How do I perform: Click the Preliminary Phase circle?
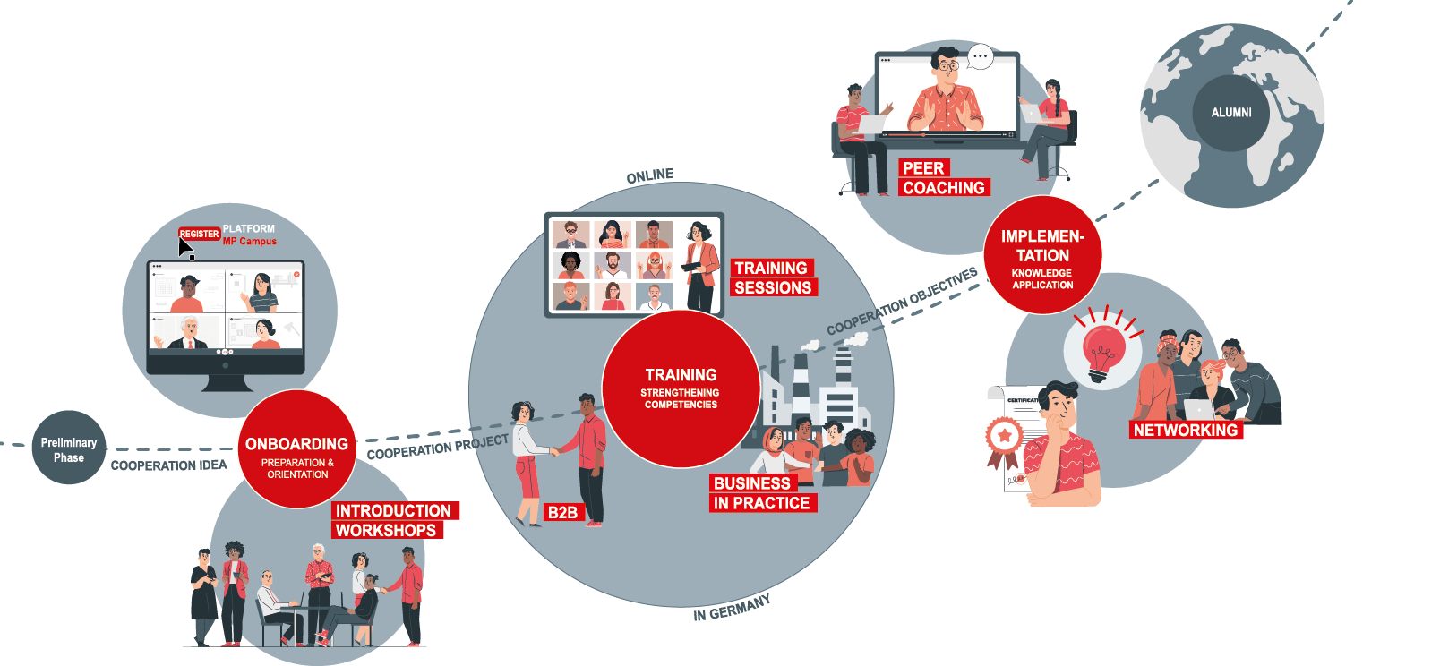coord(69,448)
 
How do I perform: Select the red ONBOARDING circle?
coord(297,449)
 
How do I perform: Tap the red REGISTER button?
coord(199,234)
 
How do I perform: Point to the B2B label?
coord(562,512)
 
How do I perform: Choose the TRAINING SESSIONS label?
coord(773,277)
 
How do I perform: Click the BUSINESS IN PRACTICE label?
coord(761,493)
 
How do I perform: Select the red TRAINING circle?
coord(681,388)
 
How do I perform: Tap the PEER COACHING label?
coord(943,178)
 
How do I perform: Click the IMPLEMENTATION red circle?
coord(1042,256)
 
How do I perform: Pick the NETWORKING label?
coord(1185,430)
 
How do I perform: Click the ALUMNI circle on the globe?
coord(1231,113)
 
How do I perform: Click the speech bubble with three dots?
coord(981,56)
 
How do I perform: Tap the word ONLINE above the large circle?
coord(650,175)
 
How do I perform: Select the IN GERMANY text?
coord(732,608)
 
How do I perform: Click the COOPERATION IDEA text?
coord(168,465)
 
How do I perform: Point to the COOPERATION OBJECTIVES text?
coord(902,301)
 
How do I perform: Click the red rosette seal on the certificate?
coord(1004,436)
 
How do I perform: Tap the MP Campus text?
coord(250,242)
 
